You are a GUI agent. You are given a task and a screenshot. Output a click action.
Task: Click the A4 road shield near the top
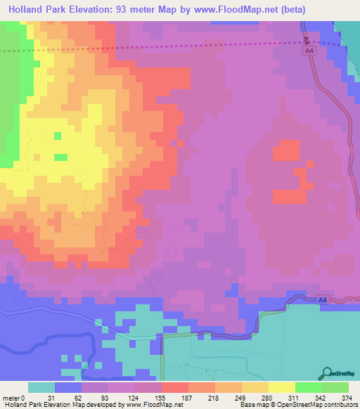pyautogui.click(x=309, y=51)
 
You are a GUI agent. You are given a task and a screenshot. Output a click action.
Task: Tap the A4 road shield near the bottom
pyautogui.click(x=321, y=300)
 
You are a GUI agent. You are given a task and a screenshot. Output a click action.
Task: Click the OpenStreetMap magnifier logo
pyautogui.click(x=327, y=373)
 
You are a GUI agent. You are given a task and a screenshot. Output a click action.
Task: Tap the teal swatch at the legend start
pyautogui.click(x=41, y=387)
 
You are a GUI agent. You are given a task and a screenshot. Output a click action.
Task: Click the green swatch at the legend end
pyautogui.click(x=335, y=387)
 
